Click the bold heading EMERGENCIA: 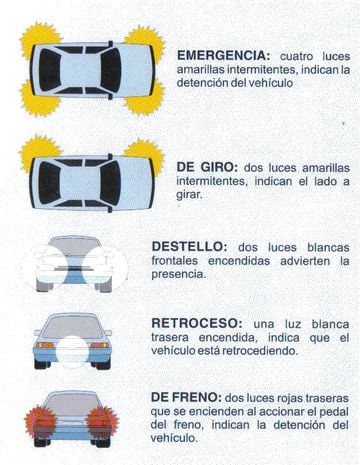pos(223,56)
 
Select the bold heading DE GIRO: pos(207,167)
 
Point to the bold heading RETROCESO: pos(196,323)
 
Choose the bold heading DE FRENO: pos(186,397)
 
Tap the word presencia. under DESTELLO pos(178,274)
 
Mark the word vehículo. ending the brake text pos(174,439)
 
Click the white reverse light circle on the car pos(72,352)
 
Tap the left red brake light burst pos(40,420)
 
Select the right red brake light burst pos(103,420)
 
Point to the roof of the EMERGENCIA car pos(80,71)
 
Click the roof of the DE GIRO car pos(80,183)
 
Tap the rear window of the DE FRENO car pos(73,404)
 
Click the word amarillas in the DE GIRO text pos(326,168)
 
